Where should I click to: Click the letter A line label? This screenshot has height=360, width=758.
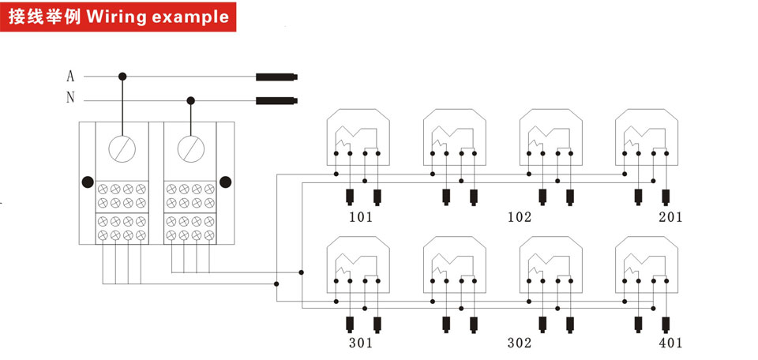point(70,77)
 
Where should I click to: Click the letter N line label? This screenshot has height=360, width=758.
point(70,98)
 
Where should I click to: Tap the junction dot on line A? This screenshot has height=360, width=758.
point(122,77)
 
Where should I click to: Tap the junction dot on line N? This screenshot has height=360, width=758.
point(191,100)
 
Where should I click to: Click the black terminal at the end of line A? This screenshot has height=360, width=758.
point(276,77)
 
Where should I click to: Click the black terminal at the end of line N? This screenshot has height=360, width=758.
point(276,100)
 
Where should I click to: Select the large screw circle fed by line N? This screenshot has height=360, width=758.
point(191,148)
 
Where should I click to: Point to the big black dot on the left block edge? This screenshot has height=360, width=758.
point(88,182)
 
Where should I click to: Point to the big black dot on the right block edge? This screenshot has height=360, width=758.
point(225,182)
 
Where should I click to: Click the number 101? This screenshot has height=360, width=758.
point(361,217)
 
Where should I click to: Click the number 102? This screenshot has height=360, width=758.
point(520,217)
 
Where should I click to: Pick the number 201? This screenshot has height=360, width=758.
point(670,217)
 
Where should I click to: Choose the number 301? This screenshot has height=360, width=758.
point(361,343)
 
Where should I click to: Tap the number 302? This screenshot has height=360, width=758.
point(520,343)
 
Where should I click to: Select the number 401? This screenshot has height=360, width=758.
point(670,343)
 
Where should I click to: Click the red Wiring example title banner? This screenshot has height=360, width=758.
point(118,17)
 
